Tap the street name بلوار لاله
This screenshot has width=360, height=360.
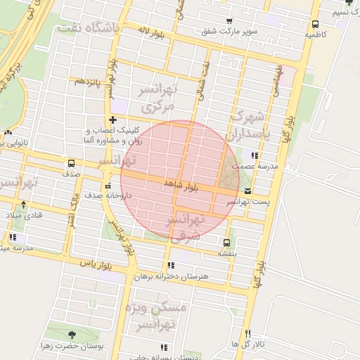click(x=151, y=32)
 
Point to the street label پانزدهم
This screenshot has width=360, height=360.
click(x=89, y=82)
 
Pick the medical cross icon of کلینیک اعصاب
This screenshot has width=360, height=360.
click(x=112, y=120)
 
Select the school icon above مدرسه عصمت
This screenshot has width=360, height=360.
click(x=255, y=155)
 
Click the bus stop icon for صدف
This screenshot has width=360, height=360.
click(x=71, y=163)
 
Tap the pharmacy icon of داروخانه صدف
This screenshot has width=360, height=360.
click(x=107, y=186)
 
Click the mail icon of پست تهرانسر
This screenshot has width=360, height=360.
click(x=247, y=191)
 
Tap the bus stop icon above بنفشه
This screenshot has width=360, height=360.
click(x=226, y=242)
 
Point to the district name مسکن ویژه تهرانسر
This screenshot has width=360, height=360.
click(x=155, y=316)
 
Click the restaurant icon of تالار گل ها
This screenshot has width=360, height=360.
click(x=247, y=333)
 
